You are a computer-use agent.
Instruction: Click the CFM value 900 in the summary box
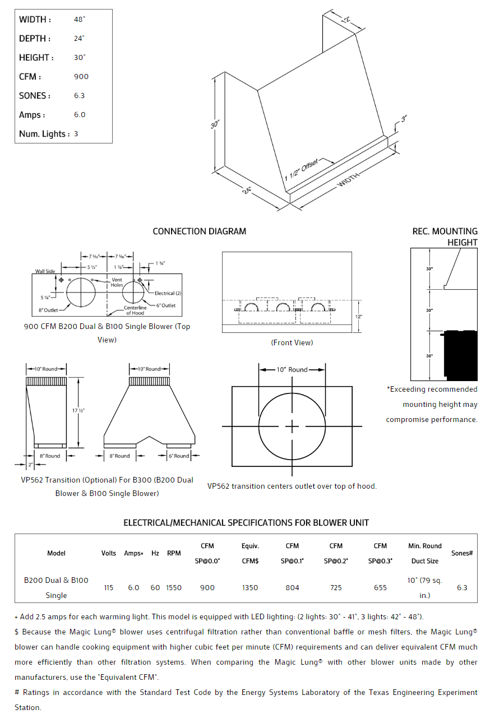point(81,77)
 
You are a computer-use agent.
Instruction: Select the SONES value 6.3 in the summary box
point(80,96)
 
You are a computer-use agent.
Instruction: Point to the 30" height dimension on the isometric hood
point(214,124)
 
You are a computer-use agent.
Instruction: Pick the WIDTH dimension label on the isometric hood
point(348,180)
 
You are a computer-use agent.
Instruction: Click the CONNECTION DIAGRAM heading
point(199,231)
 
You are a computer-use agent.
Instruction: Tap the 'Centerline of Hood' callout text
point(135,310)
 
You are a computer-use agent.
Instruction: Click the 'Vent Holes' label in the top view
point(117,282)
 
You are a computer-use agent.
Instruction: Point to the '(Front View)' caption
point(292,342)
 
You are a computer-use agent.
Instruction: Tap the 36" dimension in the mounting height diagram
point(429,355)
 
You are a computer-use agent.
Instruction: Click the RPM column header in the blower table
point(174,553)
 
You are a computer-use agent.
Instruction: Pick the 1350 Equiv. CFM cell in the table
point(250,588)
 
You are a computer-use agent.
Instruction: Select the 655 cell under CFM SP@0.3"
point(380,588)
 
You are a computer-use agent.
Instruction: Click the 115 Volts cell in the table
point(108,588)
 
